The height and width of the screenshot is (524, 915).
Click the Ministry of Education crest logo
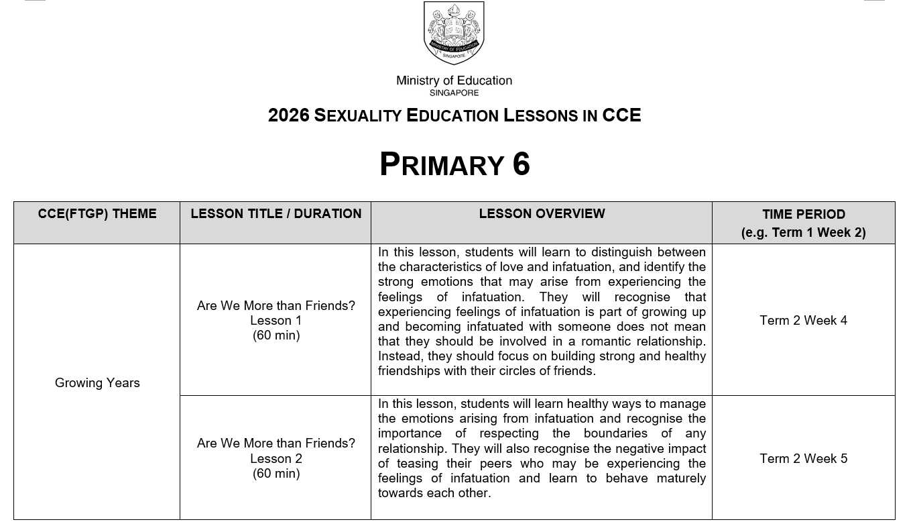(x=454, y=34)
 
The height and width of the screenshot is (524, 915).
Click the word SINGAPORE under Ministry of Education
(x=454, y=93)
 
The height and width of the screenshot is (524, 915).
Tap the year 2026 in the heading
(x=289, y=115)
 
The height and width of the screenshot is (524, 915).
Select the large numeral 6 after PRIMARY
(x=522, y=164)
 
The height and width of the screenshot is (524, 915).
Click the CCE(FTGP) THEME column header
(x=97, y=214)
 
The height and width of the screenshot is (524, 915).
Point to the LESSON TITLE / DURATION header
(x=276, y=214)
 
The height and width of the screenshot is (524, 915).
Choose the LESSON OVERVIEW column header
(x=542, y=214)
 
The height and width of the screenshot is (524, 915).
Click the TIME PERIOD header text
(x=803, y=215)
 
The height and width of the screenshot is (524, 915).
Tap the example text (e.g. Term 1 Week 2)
(x=803, y=233)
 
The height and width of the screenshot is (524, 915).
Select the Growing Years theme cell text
(x=97, y=383)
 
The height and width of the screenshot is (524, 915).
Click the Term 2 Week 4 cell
(x=803, y=321)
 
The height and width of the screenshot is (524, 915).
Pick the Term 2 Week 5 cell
(x=803, y=459)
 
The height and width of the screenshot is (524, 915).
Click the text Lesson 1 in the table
(x=276, y=321)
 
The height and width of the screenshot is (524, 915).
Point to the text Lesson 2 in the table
(x=276, y=459)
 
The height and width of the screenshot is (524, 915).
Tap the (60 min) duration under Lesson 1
(x=276, y=335)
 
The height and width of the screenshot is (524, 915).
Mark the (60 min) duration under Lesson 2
(x=276, y=474)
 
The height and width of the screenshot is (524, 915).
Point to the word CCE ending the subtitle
(x=621, y=115)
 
